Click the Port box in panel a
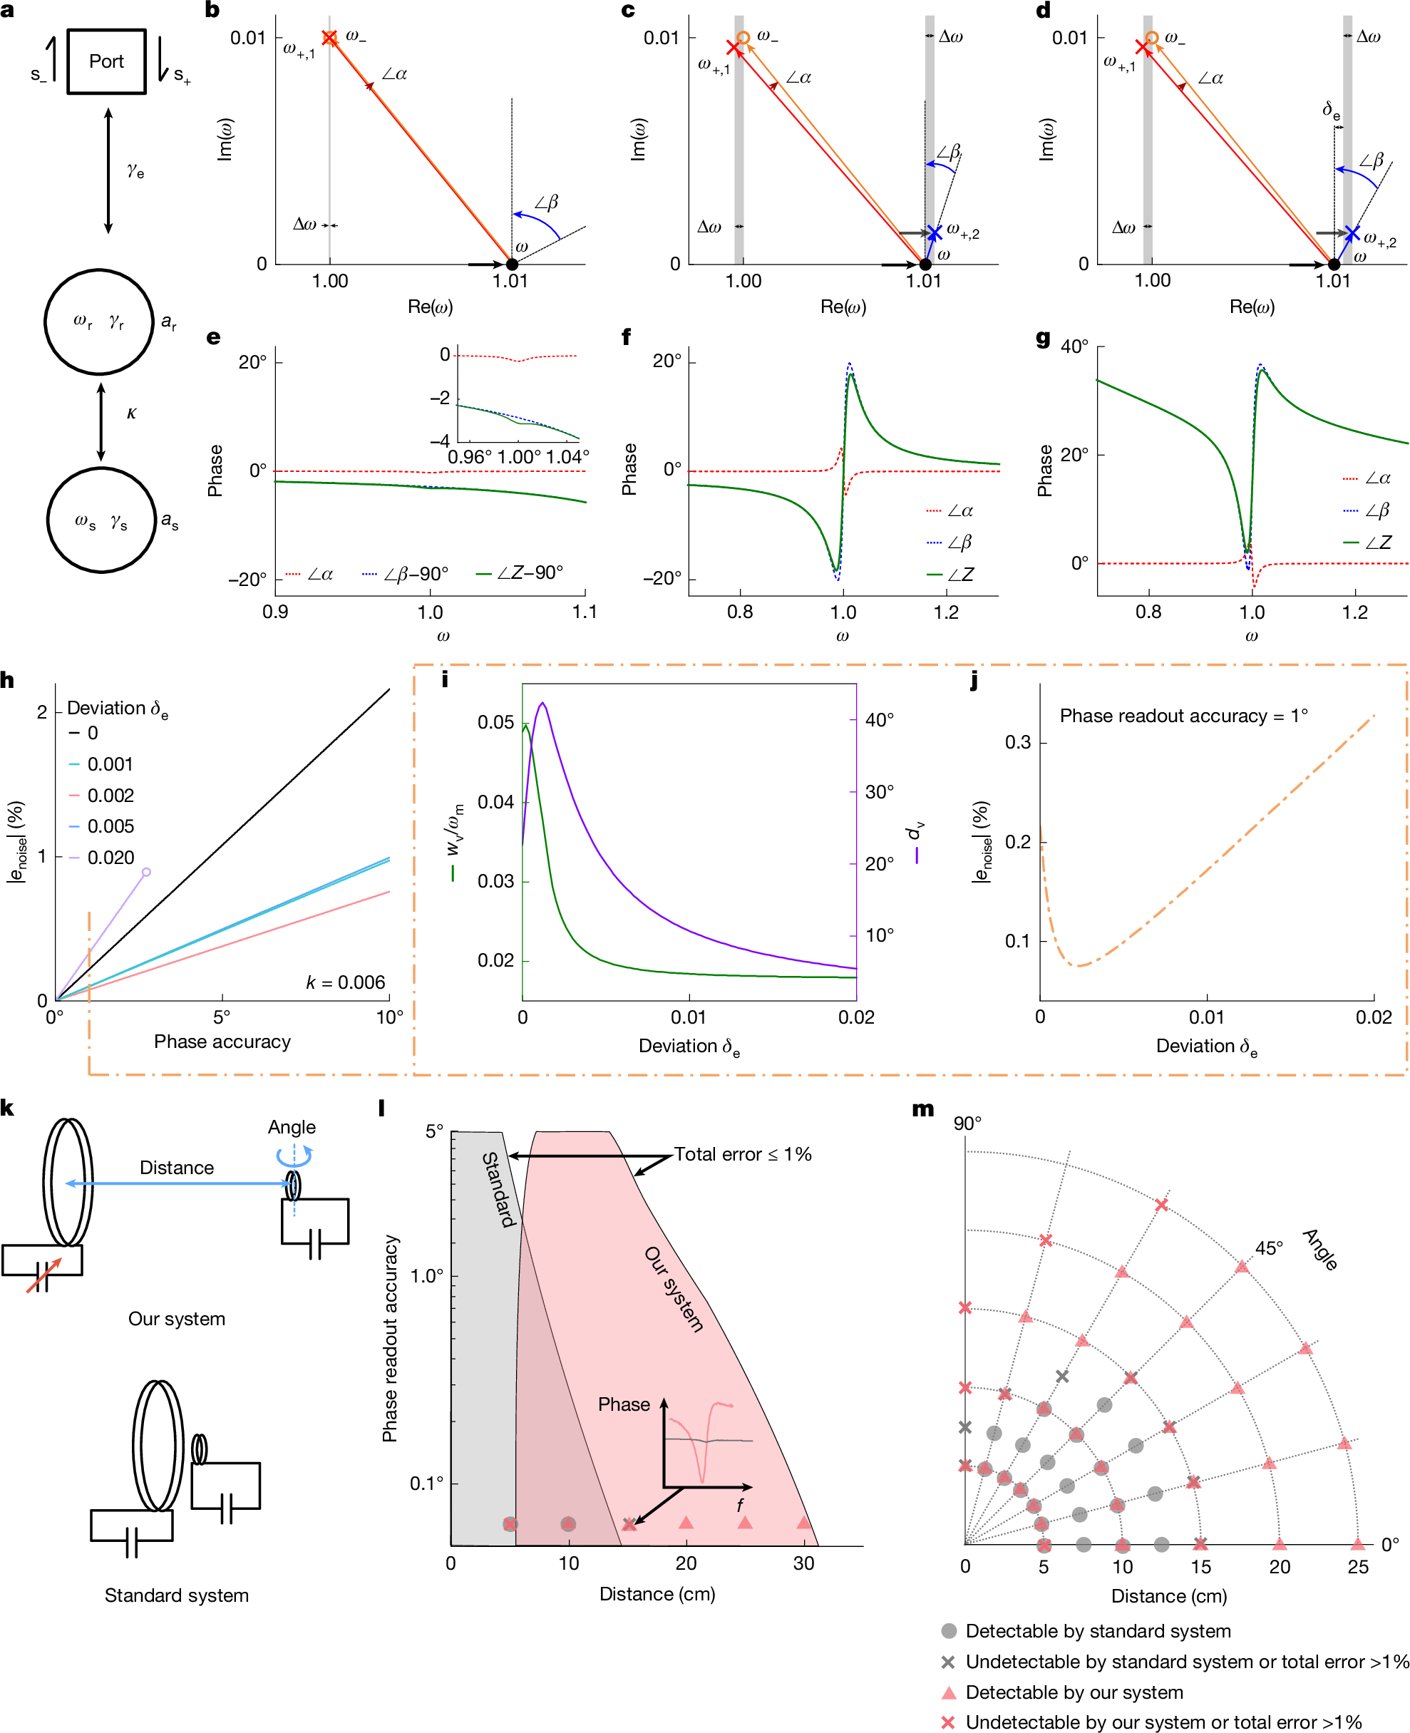106,62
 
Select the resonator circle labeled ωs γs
101,520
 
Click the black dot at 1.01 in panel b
512,264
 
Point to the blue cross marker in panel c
934,234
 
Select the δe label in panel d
1331,110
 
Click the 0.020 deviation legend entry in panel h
110,858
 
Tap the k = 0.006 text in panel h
345,982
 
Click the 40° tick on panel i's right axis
879,720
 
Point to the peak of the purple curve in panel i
542,704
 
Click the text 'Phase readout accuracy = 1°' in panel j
1183,716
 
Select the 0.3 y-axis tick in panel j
1018,742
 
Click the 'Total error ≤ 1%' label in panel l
742,1154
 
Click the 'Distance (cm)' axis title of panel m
1169,1595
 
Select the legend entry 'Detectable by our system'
1074,1692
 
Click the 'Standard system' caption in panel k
176,1595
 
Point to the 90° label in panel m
967,1123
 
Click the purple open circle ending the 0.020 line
146,872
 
